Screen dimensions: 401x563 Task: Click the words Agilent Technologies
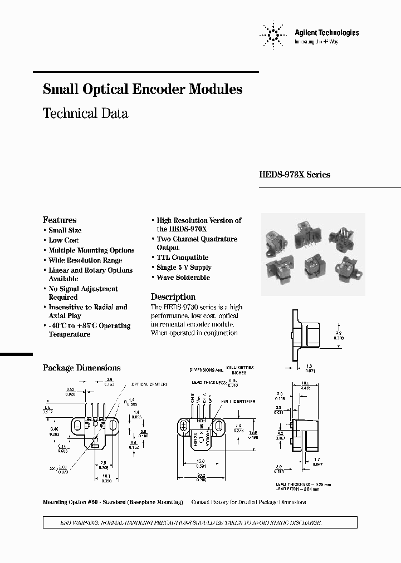326,33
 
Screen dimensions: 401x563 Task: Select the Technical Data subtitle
85,113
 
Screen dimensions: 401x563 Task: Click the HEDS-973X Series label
295,175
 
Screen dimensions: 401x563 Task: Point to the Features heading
60,220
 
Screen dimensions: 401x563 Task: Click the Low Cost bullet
63,240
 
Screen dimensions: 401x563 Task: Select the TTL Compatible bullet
182,258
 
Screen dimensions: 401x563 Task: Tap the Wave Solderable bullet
183,278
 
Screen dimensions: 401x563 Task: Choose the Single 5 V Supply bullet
184,268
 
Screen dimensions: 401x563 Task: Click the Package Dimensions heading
82,368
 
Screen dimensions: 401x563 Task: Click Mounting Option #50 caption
113,502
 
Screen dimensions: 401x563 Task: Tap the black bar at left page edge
16,354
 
